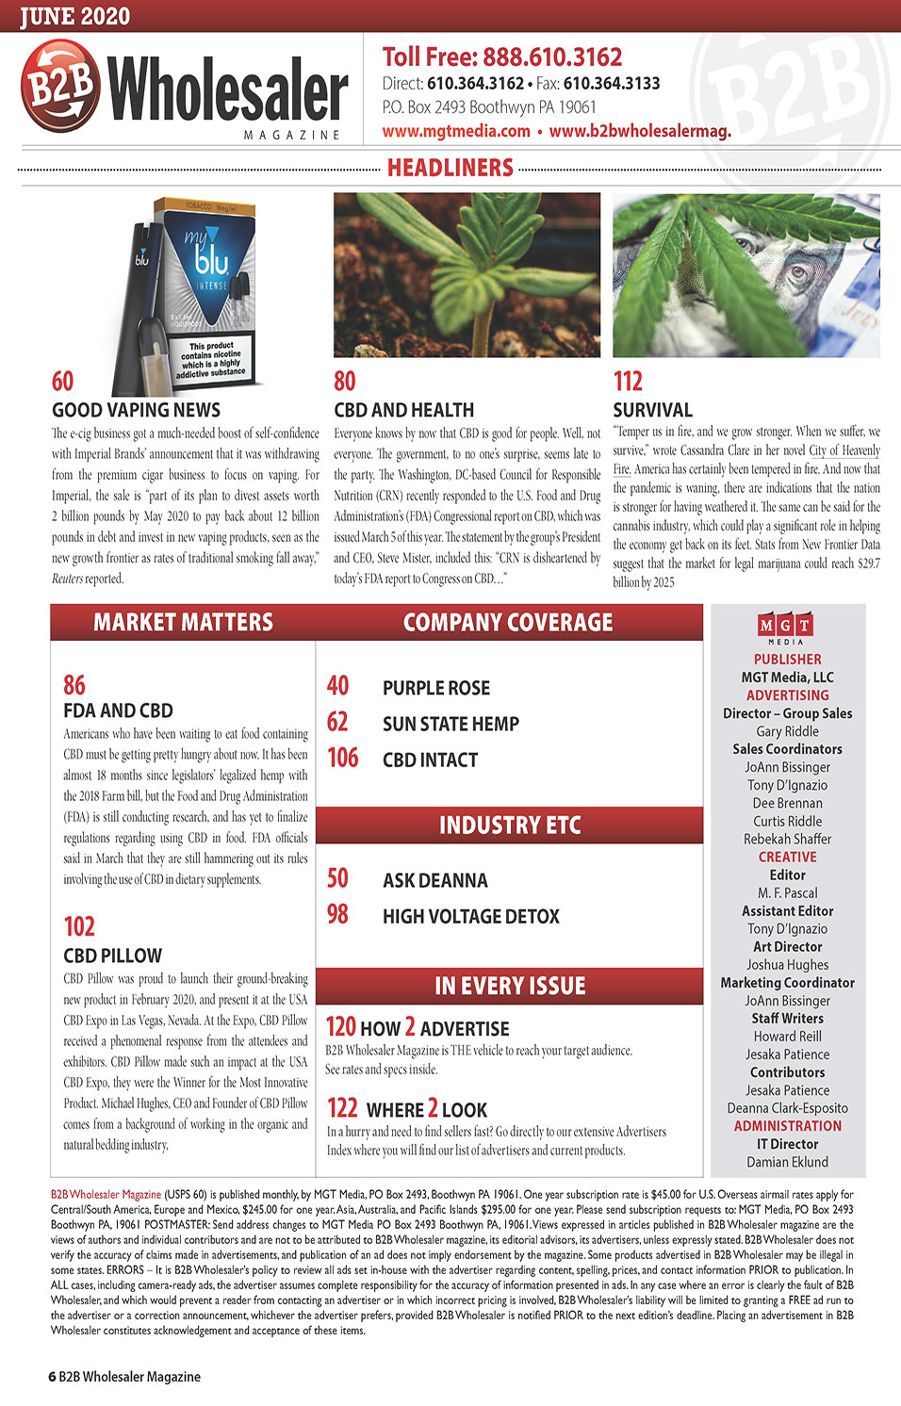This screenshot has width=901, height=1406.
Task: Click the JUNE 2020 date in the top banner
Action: pos(75,16)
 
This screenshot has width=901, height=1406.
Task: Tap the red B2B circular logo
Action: pos(60,86)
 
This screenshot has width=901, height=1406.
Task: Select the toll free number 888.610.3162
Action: pos(552,57)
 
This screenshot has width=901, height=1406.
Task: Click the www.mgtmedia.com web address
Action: pos(456,131)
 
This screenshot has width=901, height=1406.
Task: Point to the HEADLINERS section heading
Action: pos(450,168)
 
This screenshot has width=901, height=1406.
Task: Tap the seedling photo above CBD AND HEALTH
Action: pos(467,274)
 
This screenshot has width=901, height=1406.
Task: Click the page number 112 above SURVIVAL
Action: pos(628,381)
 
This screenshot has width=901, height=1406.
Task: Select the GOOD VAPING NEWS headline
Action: pos(136,410)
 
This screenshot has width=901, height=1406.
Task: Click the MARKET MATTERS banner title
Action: pos(183,622)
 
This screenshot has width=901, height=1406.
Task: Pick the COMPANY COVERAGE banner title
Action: pos(508,622)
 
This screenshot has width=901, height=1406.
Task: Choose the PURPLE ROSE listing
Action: pos(436,688)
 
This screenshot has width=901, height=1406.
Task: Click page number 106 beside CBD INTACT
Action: pos(343,758)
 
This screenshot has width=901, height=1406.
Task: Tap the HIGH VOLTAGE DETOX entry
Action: pos(470,916)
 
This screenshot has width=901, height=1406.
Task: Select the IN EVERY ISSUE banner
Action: pos(510,986)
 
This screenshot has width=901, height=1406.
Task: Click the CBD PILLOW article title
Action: pos(112,956)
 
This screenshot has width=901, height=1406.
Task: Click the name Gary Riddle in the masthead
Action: pos(787,731)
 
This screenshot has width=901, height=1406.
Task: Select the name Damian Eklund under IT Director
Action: pos(787,1162)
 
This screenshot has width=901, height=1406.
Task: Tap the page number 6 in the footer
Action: pos(52,1377)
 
